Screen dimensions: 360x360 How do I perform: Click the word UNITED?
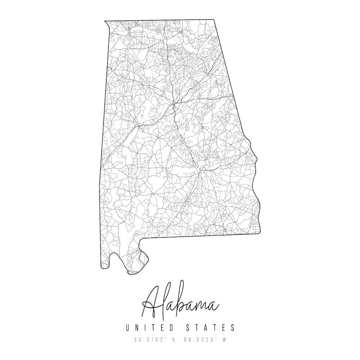(150, 328)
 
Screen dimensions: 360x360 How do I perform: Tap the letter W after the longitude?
(224, 339)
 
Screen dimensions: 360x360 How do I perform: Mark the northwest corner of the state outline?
(105, 21)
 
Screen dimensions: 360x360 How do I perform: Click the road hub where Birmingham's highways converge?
(174, 104)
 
